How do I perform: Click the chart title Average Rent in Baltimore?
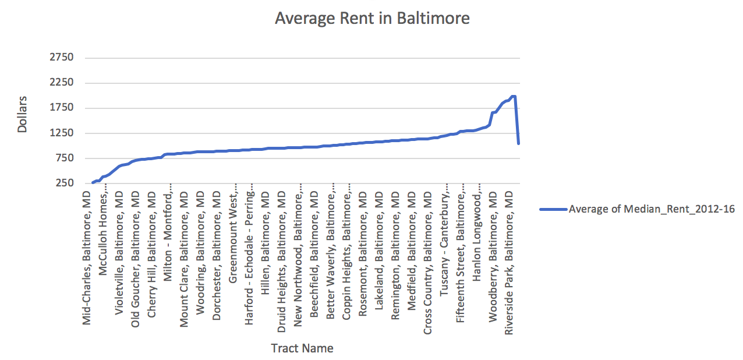point(372,18)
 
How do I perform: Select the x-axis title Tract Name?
point(302,348)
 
